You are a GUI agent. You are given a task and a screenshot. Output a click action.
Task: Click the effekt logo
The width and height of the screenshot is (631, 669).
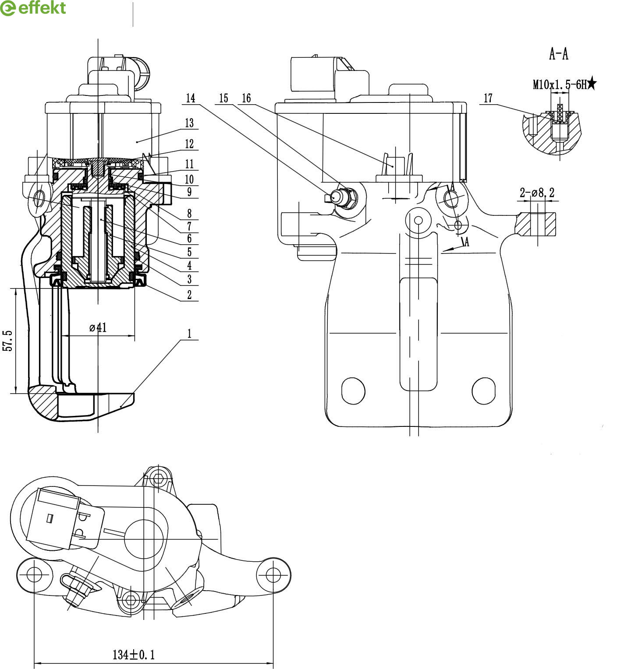click(x=33, y=8)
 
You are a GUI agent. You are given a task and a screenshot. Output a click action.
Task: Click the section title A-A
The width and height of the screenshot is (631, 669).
click(x=559, y=54)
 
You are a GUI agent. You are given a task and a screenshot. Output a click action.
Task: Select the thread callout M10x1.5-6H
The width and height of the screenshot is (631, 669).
click(x=560, y=84)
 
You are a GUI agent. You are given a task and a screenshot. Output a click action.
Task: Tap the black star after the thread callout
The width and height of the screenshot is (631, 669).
click(x=592, y=83)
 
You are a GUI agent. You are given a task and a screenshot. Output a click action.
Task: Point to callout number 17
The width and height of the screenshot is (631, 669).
click(x=488, y=99)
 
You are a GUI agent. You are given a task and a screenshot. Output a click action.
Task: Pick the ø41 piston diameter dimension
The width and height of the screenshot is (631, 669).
click(x=98, y=327)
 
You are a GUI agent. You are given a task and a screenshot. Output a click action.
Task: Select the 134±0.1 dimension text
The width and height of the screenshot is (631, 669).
click(x=134, y=655)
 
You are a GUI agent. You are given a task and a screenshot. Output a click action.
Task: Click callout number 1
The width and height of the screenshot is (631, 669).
click(x=189, y=334)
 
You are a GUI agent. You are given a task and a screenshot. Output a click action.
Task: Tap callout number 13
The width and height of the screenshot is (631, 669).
click(x=189, y=123)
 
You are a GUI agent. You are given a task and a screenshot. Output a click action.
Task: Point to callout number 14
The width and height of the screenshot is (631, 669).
click(x=190, y=98)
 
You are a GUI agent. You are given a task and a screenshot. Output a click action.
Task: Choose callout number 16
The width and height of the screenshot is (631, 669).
click(x=246, y=98)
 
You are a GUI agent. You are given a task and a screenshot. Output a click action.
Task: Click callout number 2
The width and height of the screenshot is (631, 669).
click(x=189, y=295)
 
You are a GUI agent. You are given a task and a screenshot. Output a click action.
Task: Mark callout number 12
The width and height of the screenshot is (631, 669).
click(x=189, y=144)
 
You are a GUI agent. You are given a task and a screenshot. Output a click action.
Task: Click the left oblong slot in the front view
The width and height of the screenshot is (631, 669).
click(x=353, y=391)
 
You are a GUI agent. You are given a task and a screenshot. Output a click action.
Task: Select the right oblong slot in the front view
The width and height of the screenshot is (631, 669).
click(x=484, y=391)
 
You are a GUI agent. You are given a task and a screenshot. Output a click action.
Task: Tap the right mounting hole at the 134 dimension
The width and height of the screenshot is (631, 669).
click(x=273, y=574)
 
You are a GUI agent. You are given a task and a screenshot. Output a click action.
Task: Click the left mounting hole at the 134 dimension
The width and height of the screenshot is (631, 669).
click(x=34, y=574)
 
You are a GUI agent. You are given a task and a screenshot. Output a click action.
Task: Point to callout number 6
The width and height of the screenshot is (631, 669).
click(x=189, y=239)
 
